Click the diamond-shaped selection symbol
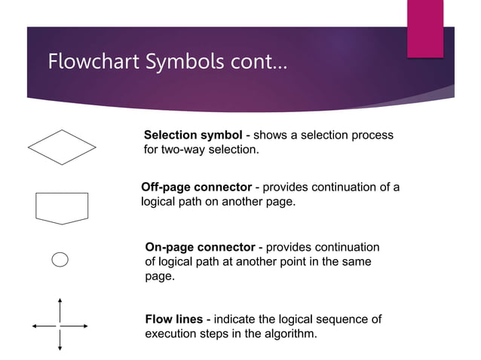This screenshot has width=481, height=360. [x=62, y=147]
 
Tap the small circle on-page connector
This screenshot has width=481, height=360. [x=60, y=259]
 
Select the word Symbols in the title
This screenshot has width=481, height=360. [x=185, y=61]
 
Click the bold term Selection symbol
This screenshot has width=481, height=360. [x=193, y=136]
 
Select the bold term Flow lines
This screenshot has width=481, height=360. [x=173, y=319]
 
